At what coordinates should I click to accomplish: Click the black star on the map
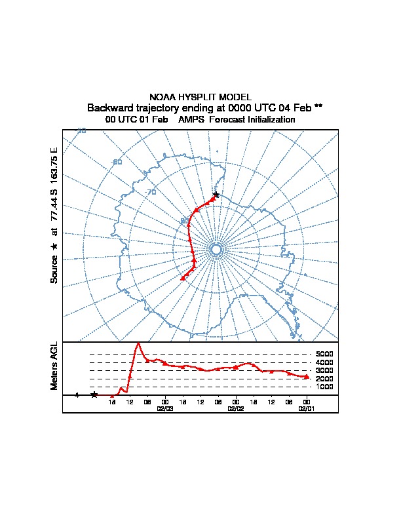216,194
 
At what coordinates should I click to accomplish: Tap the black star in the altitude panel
94,394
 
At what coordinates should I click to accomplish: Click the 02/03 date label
165,408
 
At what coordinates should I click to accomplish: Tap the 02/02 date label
235,408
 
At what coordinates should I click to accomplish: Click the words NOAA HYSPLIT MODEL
200,97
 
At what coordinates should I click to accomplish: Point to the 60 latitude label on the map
117,162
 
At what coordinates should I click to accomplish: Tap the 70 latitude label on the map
151,192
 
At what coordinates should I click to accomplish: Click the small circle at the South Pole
216,249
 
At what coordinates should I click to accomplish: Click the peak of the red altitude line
138,343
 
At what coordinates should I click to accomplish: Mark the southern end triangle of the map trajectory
182,279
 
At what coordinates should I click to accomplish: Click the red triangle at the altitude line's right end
306,376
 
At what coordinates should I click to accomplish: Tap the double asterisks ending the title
318,107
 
